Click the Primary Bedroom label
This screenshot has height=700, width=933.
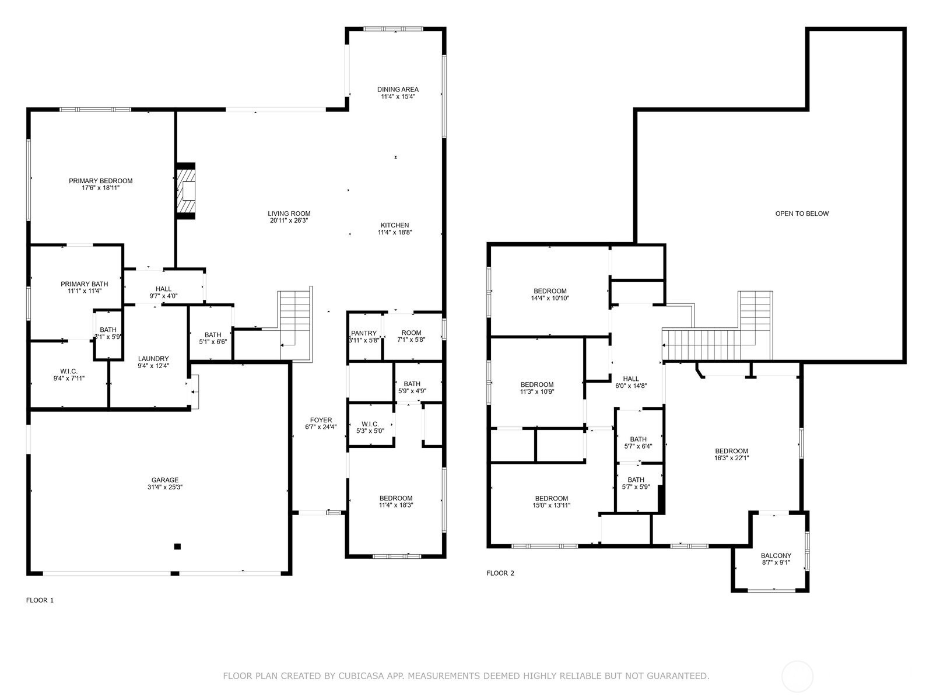pos(100,181)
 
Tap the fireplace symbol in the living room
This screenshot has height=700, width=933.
pos(187,191)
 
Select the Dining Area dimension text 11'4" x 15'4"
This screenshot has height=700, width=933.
pos(398,97)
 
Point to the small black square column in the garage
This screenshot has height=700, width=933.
pos(177,547)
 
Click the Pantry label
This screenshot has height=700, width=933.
pos(364,333)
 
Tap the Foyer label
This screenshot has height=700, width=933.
pos(321,420)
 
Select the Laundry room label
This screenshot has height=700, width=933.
pos(153,359)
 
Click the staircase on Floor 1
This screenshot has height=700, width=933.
pos(295,324)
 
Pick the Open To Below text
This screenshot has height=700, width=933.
pos(802,213)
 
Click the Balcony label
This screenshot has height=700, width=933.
pos(776,556)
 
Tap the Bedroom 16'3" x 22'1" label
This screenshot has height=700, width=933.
pos(731,451)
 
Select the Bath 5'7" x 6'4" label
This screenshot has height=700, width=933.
pos(638,439)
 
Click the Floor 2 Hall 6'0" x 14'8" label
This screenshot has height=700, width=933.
pos(631,379)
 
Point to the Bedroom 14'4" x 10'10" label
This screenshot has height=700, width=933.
pos(550,291)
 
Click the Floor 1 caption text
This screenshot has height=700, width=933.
pos(40,600)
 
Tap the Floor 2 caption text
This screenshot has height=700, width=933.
pos(500,573)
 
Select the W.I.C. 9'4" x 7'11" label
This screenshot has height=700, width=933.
pos(69,371)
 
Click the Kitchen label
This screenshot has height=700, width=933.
pos(395,225)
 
